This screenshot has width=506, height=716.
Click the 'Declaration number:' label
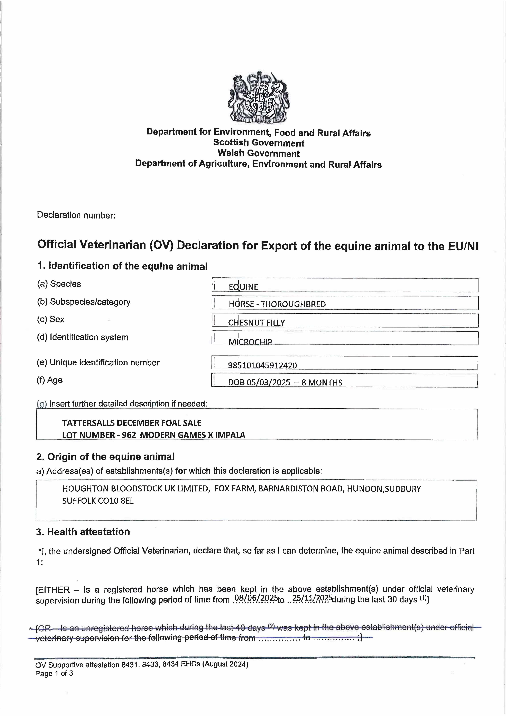[76, 215]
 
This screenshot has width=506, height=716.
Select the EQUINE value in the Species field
[243, 287]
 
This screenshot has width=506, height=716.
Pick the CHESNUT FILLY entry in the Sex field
[256, 322]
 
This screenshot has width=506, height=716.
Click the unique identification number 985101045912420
[262, 365]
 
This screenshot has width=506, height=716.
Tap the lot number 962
[129, 435]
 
